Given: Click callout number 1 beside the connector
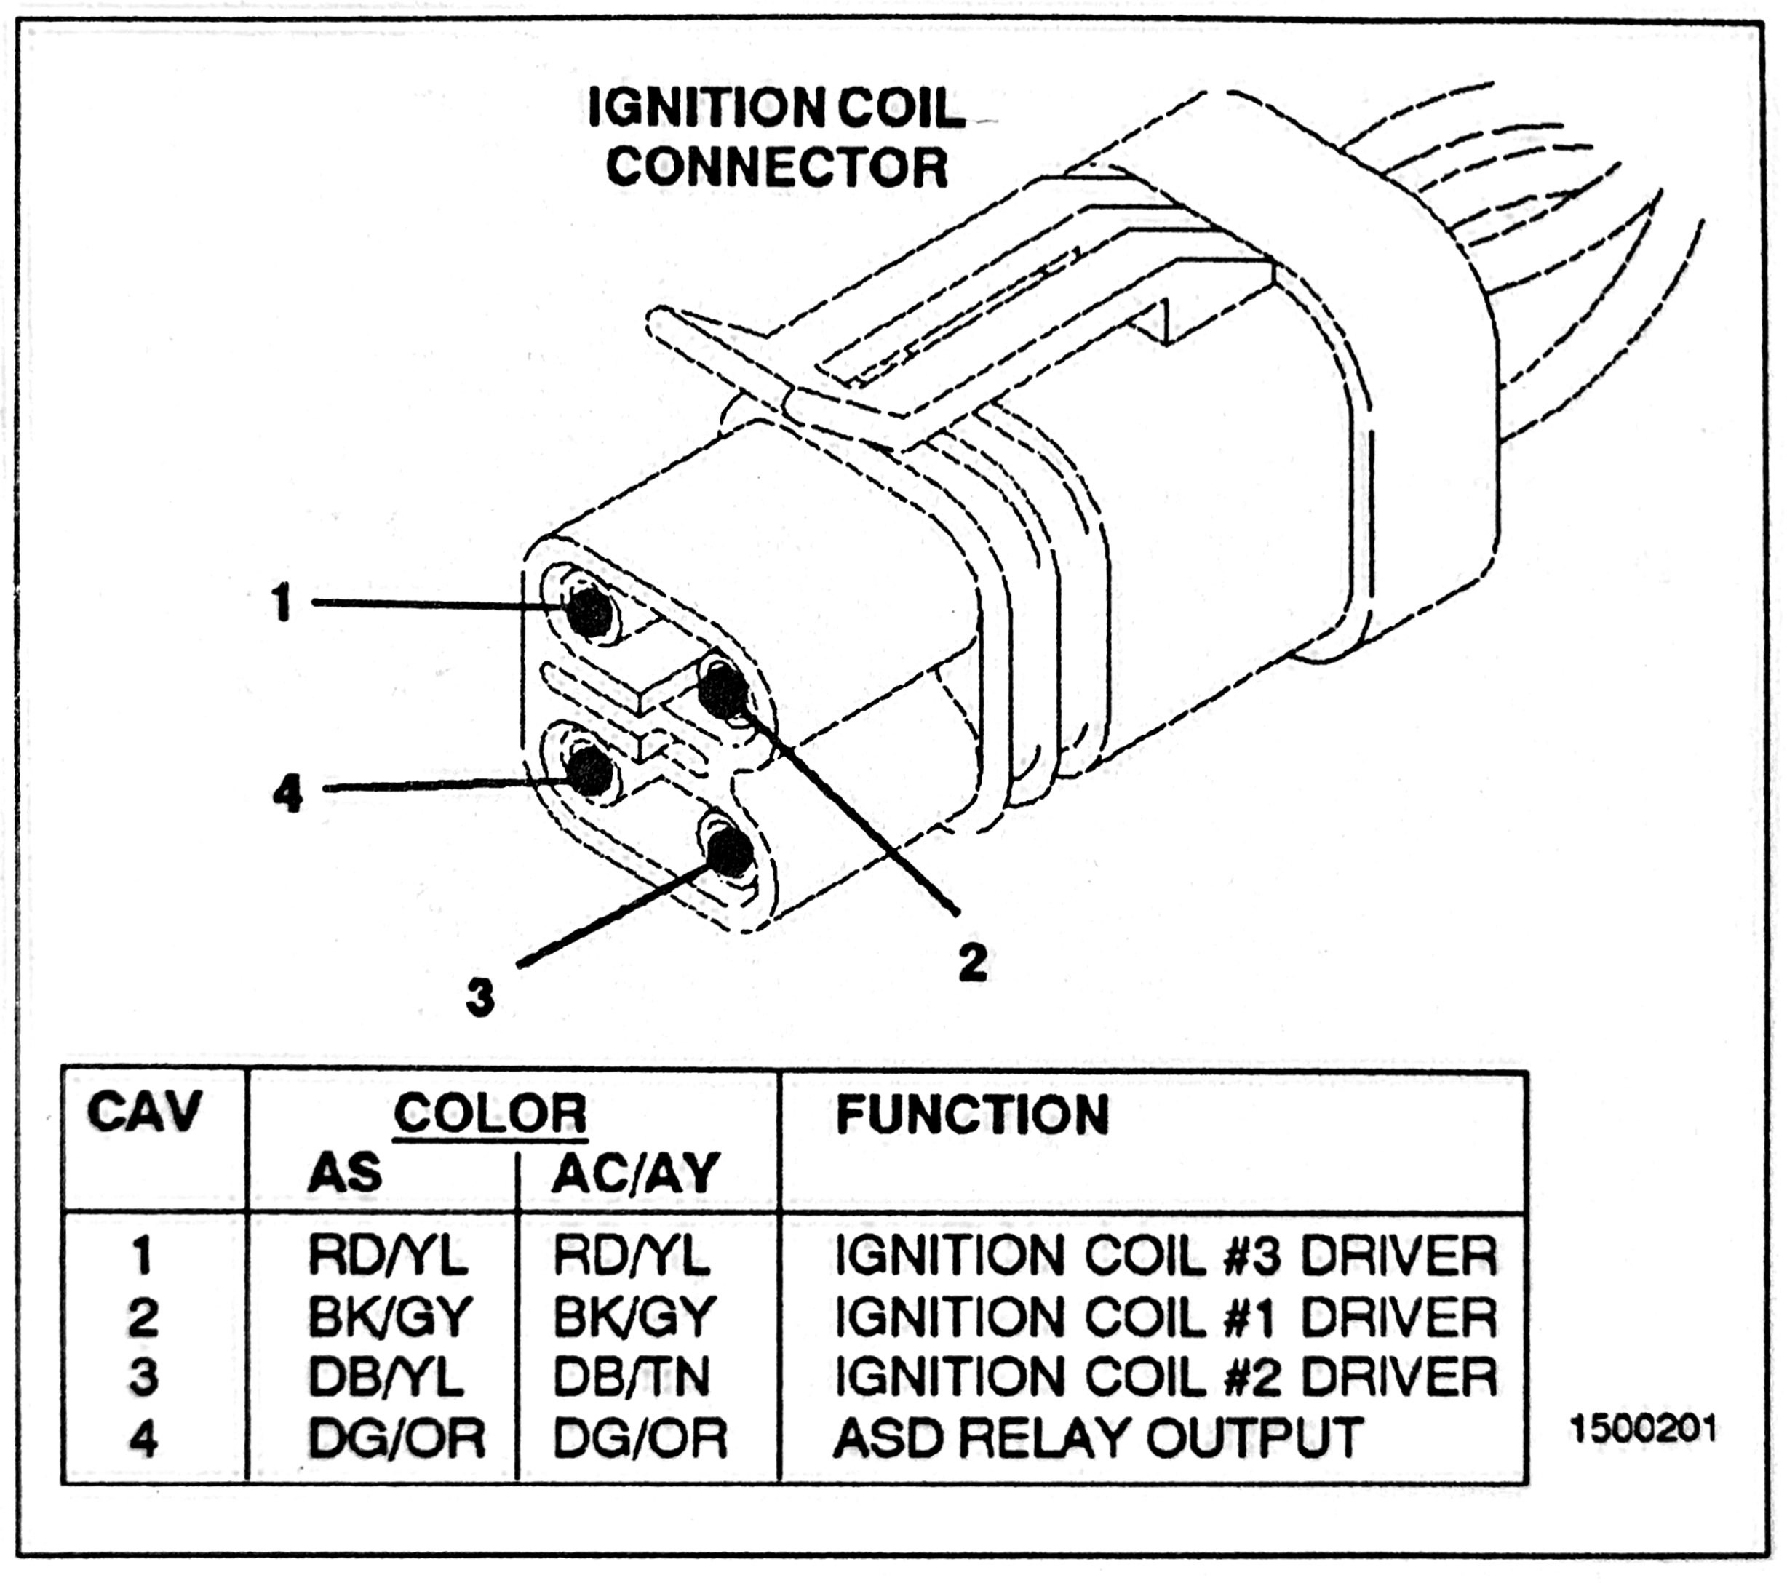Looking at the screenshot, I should (x=282, y=603).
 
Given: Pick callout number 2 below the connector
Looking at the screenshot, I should (x=971, y=962).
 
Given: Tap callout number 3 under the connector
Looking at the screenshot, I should (x=480, y=997).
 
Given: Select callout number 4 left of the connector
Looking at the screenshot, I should (x=287, y=794).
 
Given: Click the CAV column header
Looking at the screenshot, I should (x=143, y=1114).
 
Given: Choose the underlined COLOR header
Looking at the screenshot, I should (x=490, y=1114).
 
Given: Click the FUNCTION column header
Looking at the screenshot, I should (x=971, y=1114).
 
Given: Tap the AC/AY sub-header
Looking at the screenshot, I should (x=636, y=1172).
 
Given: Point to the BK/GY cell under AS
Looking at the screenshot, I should (x=390, y=1317).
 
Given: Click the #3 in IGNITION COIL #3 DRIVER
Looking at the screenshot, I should (x=1252, y=1256).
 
